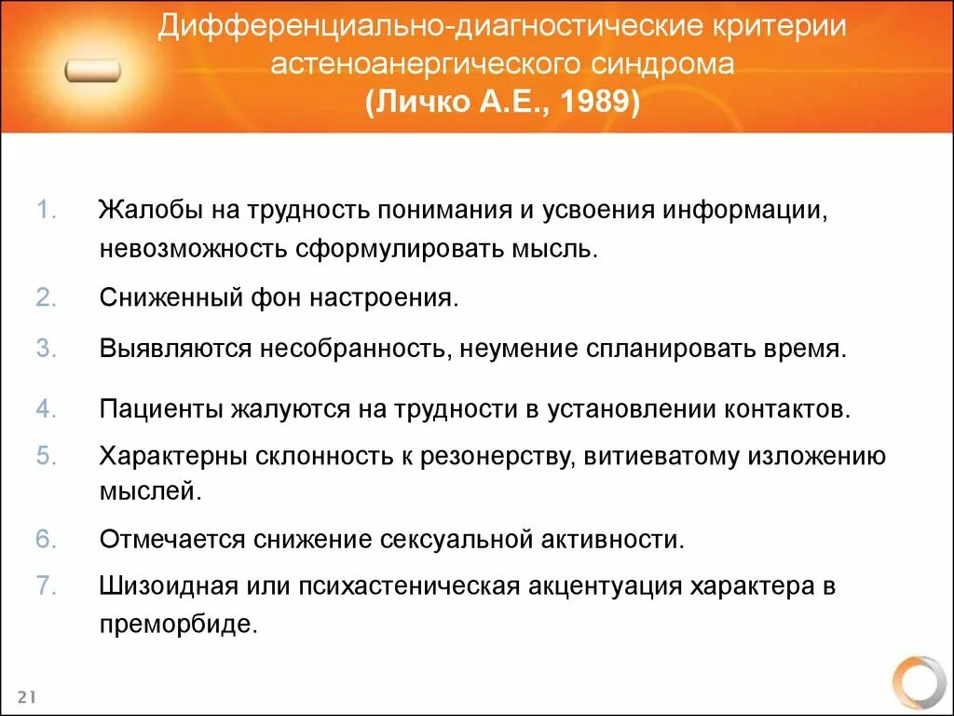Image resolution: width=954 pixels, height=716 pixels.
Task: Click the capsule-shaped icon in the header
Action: point(92,71)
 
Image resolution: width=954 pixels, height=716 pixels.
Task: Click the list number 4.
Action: point(48,408)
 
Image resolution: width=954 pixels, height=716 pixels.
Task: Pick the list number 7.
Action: point(48,586)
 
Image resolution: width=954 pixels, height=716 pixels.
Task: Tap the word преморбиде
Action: point(177,624)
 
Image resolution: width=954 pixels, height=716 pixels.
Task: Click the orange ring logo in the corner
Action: point(918,683)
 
